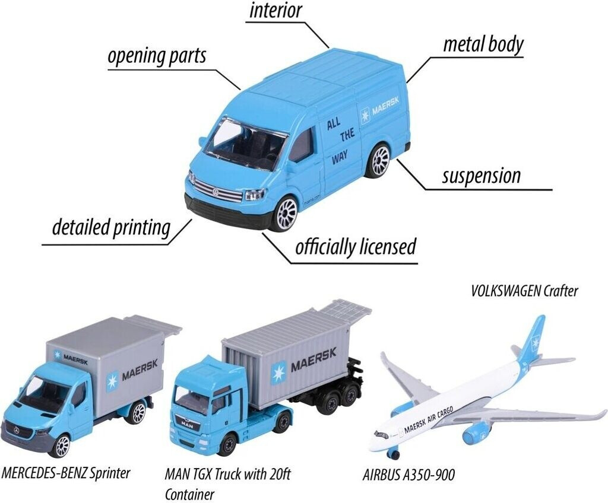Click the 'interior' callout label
click(276, 10)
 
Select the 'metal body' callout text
click(483, 44)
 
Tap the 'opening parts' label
click(157, 56)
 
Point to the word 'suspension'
click(481, 176)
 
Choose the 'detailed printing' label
click(111, 227)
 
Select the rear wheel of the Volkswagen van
click(378, 160)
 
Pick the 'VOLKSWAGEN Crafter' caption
click(524, 291)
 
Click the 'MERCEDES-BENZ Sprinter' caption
click(66, 473)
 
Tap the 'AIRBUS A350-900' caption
click(410, 475)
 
